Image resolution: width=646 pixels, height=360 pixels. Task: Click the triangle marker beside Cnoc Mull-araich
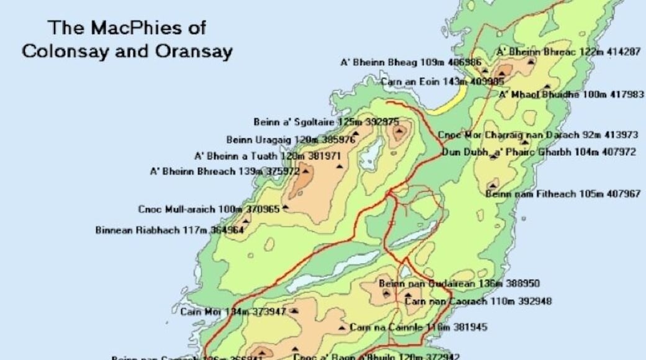[285, 207]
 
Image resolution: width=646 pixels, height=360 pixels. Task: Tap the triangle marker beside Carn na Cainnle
[342, 327]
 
